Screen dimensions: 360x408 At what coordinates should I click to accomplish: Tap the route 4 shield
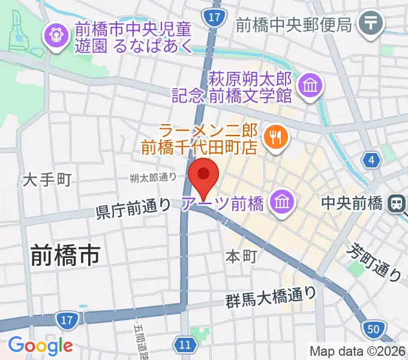pyautogui.click(x=372, y=160)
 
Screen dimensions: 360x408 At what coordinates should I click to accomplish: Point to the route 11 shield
pyautogui.click(x=186, y=344)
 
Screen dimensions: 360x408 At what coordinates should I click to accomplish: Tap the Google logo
pyautogui.click(x=40, y=346)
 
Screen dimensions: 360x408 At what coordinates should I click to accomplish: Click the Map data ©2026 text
pyautogui.click(x=357, y=351)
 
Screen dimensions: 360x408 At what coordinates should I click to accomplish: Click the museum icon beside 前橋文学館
pyautogui.click(x=311, y=86)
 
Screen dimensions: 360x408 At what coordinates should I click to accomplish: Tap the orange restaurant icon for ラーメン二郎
pyautogui.click(x=276, y=137)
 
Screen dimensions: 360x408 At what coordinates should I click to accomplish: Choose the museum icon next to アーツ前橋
pyautogui.click(x=281, y=203)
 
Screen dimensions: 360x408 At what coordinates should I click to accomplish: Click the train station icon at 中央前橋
pyautogui.click(x=396, y=203)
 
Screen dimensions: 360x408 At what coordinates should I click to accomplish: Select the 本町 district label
pyautogui.click(x=241, y=256)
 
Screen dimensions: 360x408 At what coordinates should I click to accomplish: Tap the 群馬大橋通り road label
pyautogui.click(x=271, y=295)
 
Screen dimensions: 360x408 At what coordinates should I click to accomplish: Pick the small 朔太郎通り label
pyautogui.click(x=154, y=177)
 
